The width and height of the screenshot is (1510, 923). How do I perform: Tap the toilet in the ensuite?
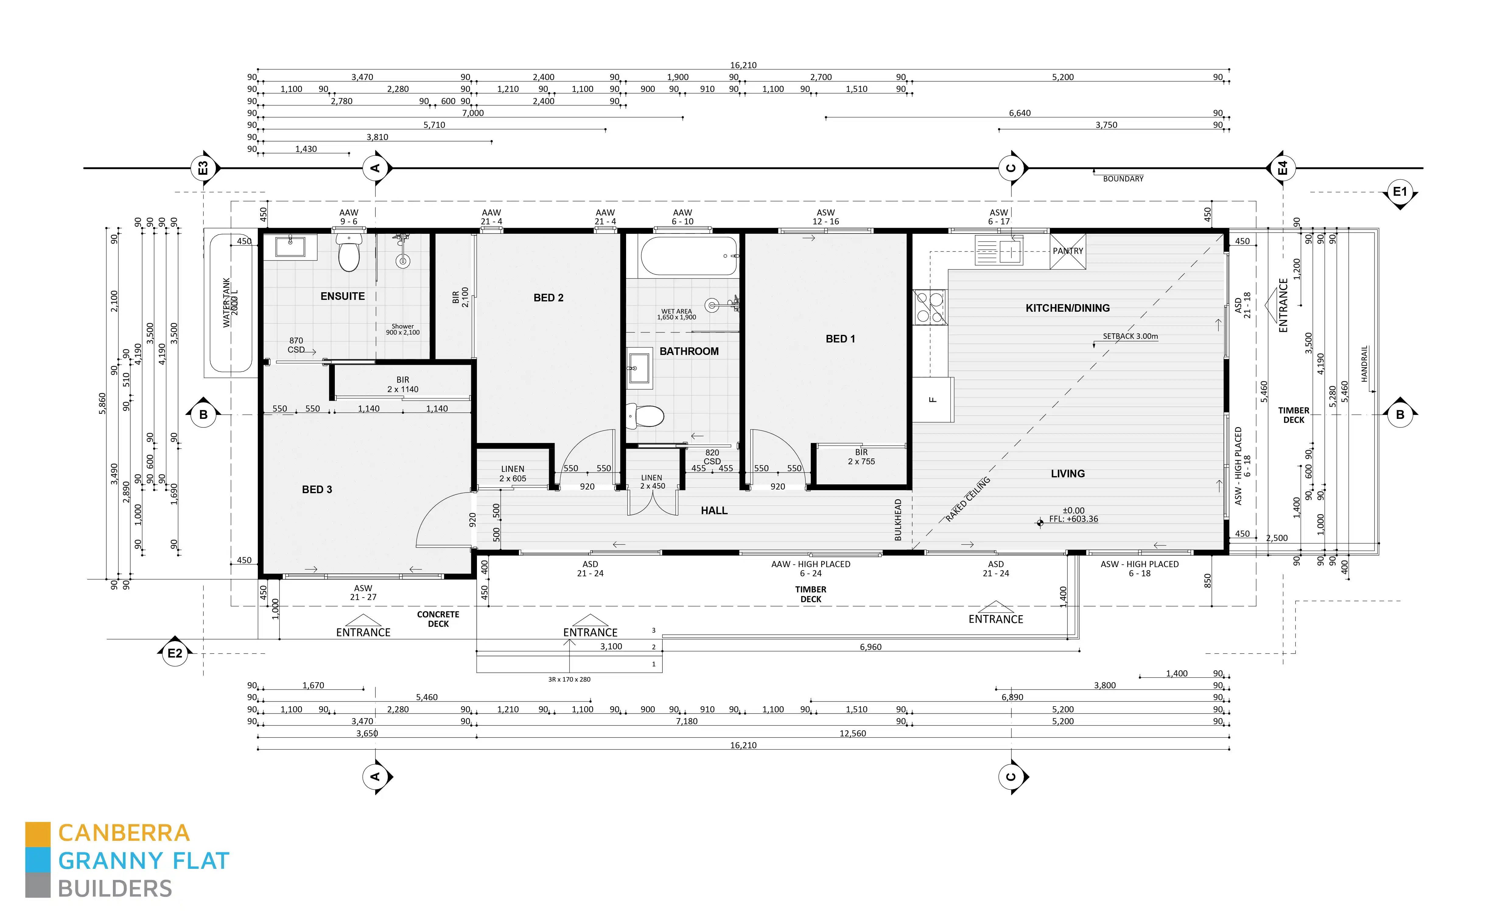point(349,254)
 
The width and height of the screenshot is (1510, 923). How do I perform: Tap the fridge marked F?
point(933,400)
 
